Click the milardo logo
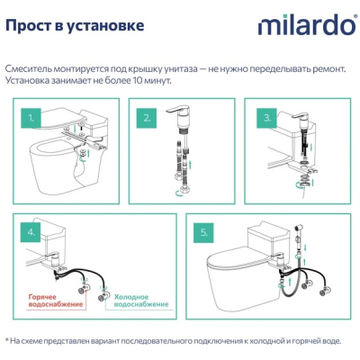click(x=307, y=25)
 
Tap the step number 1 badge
click(x=31, y=118)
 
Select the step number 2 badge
click(x=147, y=118)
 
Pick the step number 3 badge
click(x=267, y=118)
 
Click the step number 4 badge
click(x=31, y=232)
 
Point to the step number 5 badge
click(x=204, y=233)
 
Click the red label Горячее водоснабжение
click(x=56, y=301)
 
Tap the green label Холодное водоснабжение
click(x=141, y=301)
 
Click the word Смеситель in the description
click(x=29, y=69)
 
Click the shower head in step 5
click(x=297, y=227)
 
